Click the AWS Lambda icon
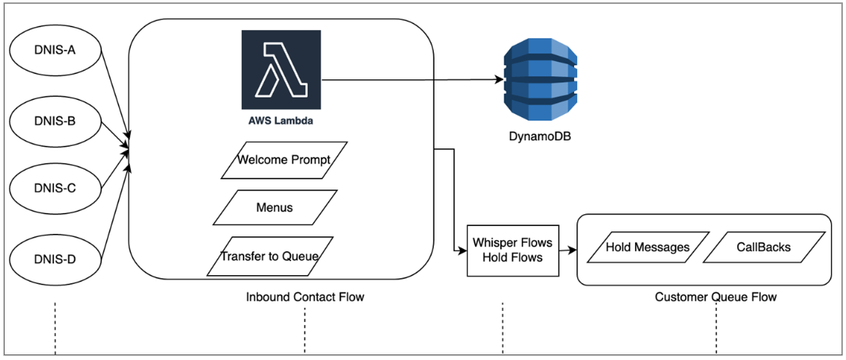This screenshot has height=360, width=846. pos(281,70)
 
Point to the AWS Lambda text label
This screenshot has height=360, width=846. pos(281,122)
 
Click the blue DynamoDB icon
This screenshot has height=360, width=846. pos(541,79)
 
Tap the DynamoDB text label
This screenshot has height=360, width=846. pos(540,136)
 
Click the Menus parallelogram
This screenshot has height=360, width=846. pos(274,208)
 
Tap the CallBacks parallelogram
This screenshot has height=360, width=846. pos(763,247)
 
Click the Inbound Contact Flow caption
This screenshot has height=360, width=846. pos(305,297)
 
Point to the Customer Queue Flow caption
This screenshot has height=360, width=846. pos(715,297)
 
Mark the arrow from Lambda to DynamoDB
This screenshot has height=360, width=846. pos(412,79)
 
